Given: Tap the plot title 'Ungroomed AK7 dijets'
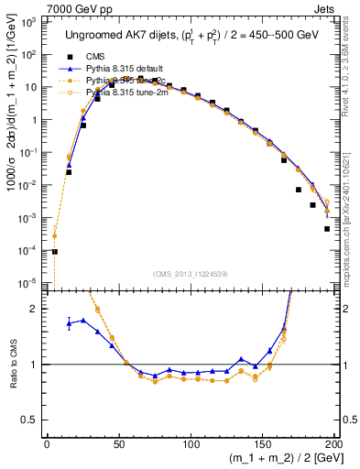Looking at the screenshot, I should click(x=120, y=35).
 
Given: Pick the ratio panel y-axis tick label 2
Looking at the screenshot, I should click(x=34, y=309).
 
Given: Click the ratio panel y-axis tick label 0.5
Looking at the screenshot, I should click(x=30, y=421).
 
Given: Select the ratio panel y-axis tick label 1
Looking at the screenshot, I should click(x=34, y=365).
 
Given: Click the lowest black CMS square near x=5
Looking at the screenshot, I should click(x=54, y=251).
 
